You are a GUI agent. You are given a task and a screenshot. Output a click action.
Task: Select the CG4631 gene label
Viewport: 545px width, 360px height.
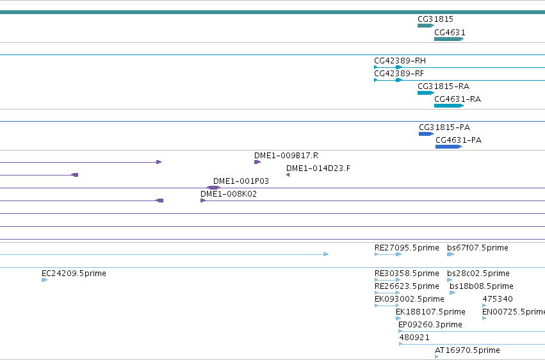(x=450, y=32)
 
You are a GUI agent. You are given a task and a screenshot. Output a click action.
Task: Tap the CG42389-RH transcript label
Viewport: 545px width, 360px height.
(x=400, y=61)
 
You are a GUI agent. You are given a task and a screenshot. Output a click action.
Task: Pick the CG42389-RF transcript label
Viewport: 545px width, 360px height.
(x=399, y=74)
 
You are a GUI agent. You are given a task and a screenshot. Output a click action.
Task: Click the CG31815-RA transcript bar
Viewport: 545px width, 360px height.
(x=426, y=93)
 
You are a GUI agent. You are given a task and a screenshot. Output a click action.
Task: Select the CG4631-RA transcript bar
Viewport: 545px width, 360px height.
(x=449, y=106)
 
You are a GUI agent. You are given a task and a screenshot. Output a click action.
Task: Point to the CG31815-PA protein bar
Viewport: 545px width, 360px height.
(x=426, y=134)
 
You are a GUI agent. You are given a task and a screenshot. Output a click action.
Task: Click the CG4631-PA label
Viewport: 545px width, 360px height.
(x=459, y=140)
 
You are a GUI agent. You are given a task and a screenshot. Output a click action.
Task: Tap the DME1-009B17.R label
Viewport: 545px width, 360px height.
(x=286, y=156)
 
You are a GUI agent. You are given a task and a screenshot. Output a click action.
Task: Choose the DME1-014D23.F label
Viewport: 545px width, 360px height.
(x=318, y=168)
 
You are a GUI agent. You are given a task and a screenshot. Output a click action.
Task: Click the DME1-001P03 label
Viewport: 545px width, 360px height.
(x=241, y=181)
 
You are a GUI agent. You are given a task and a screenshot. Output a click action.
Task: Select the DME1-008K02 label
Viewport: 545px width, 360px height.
(x=229, y=194)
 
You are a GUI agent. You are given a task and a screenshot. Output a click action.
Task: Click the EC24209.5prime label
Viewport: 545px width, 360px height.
(x=74, y=274)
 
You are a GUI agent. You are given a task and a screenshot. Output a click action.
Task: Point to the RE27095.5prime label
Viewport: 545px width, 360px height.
(x=407, y=248)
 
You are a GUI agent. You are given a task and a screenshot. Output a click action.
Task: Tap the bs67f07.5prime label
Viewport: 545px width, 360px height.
(x=478, y=248)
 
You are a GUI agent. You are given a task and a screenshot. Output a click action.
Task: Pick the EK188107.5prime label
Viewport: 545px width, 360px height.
(x=430, y=312)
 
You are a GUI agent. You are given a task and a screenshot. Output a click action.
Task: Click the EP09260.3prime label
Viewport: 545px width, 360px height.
(x=430, y=325)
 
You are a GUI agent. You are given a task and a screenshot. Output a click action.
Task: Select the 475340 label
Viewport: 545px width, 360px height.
(x=498, y=299)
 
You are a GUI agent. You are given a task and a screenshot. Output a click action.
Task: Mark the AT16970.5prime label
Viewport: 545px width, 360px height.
(x=467, y=350)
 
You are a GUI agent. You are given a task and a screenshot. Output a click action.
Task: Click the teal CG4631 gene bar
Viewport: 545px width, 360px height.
(x=449, y=39)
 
